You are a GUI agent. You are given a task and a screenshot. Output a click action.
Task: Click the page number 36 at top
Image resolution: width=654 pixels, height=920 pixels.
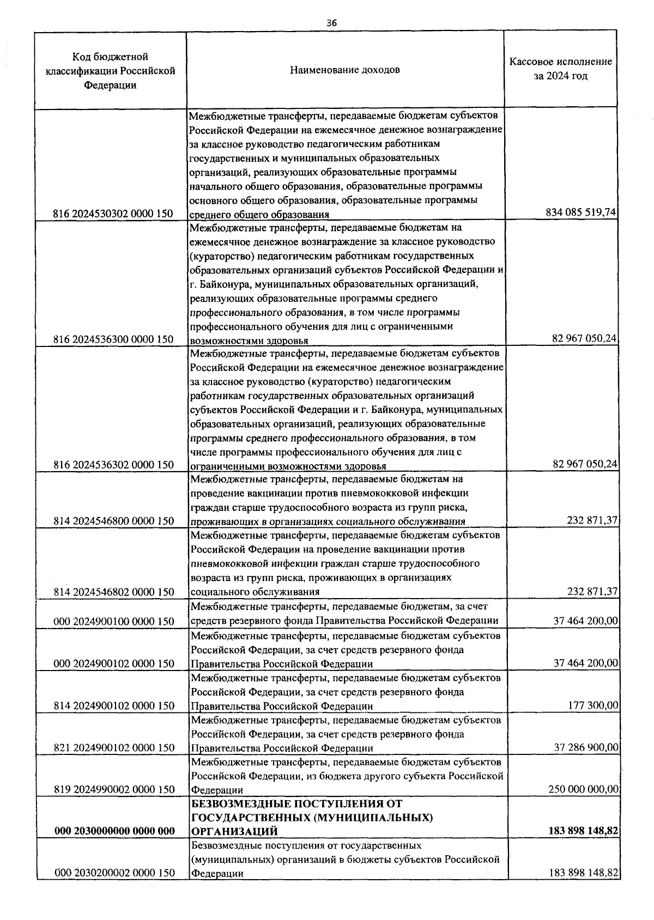click(x=331, y=23)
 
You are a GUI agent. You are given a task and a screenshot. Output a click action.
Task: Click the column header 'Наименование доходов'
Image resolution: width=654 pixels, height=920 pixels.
click(x=344, y=70)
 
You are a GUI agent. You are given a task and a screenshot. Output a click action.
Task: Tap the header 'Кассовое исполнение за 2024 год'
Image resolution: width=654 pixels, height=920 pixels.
click(x=560, y=69)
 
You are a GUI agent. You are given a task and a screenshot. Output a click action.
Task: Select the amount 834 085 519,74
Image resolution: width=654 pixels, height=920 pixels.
click(x=580, y=212)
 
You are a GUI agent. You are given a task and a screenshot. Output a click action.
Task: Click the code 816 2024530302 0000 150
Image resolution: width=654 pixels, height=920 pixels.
click(x=113, y=214)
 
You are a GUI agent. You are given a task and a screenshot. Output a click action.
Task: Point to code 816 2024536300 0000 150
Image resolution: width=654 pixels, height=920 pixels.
click(x=113, y=339)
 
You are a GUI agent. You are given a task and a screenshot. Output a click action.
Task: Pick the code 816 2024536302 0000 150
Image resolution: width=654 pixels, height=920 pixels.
click(x=113, y=465)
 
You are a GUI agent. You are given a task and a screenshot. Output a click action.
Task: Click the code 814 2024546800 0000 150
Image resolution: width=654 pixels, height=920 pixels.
click(x=113, y=521)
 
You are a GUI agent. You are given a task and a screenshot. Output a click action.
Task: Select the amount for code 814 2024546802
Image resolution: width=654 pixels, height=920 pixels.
click(x=591, y=592)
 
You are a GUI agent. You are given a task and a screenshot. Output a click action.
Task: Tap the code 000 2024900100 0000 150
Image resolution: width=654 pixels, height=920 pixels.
click(x=113, y=622)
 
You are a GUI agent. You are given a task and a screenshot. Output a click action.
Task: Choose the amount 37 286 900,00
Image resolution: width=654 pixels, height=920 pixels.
click(x=586, y=747)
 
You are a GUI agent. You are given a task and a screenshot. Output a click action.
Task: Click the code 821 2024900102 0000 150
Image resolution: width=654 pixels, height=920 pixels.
click(x=113, y=747)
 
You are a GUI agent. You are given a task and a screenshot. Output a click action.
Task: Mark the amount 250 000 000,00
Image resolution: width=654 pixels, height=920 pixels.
click(x=583, y=789)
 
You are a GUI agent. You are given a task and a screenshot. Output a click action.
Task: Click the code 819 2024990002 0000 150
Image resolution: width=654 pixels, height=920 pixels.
click(x=113, y=789)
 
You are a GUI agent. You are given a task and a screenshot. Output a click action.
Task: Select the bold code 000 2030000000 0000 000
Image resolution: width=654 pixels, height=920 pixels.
click(x=114, y=831)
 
